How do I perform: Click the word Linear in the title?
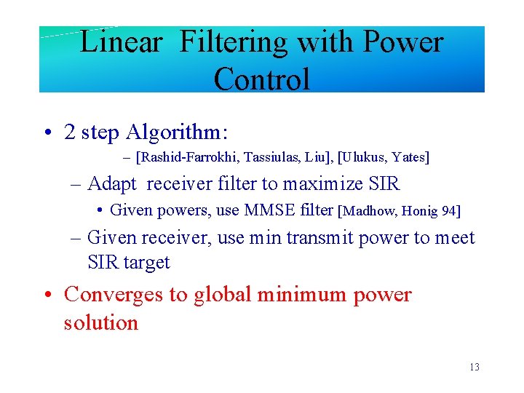click(x=121, y=42)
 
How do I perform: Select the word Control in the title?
click(x=262, y=79)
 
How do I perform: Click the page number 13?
click(x=474, y=367)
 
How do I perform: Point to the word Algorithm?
click(x=177, y=132)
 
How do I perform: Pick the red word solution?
click(x=100, y=322)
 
